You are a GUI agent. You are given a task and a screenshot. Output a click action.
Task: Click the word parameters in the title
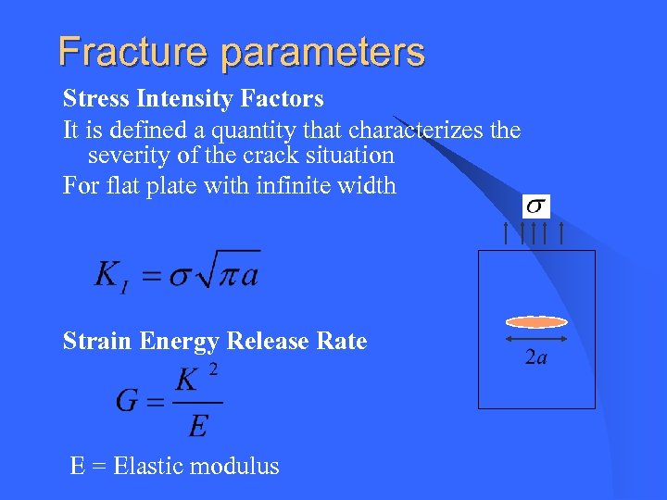point(322,52)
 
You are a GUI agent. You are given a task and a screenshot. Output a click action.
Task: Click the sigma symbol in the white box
point(536,206)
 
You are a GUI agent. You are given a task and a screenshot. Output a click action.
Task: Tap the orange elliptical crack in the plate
point(535,322)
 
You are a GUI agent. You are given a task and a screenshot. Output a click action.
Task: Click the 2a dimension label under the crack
point(535,356)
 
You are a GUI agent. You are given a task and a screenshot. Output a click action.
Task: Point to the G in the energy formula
point(128,401)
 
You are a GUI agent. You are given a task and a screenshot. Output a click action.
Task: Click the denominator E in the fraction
point(197,427)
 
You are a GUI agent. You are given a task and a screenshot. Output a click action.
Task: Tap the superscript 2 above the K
point(213,370)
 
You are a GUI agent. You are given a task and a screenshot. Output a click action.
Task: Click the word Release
point(269,342)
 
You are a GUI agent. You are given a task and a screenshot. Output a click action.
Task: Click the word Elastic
point(152,466)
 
